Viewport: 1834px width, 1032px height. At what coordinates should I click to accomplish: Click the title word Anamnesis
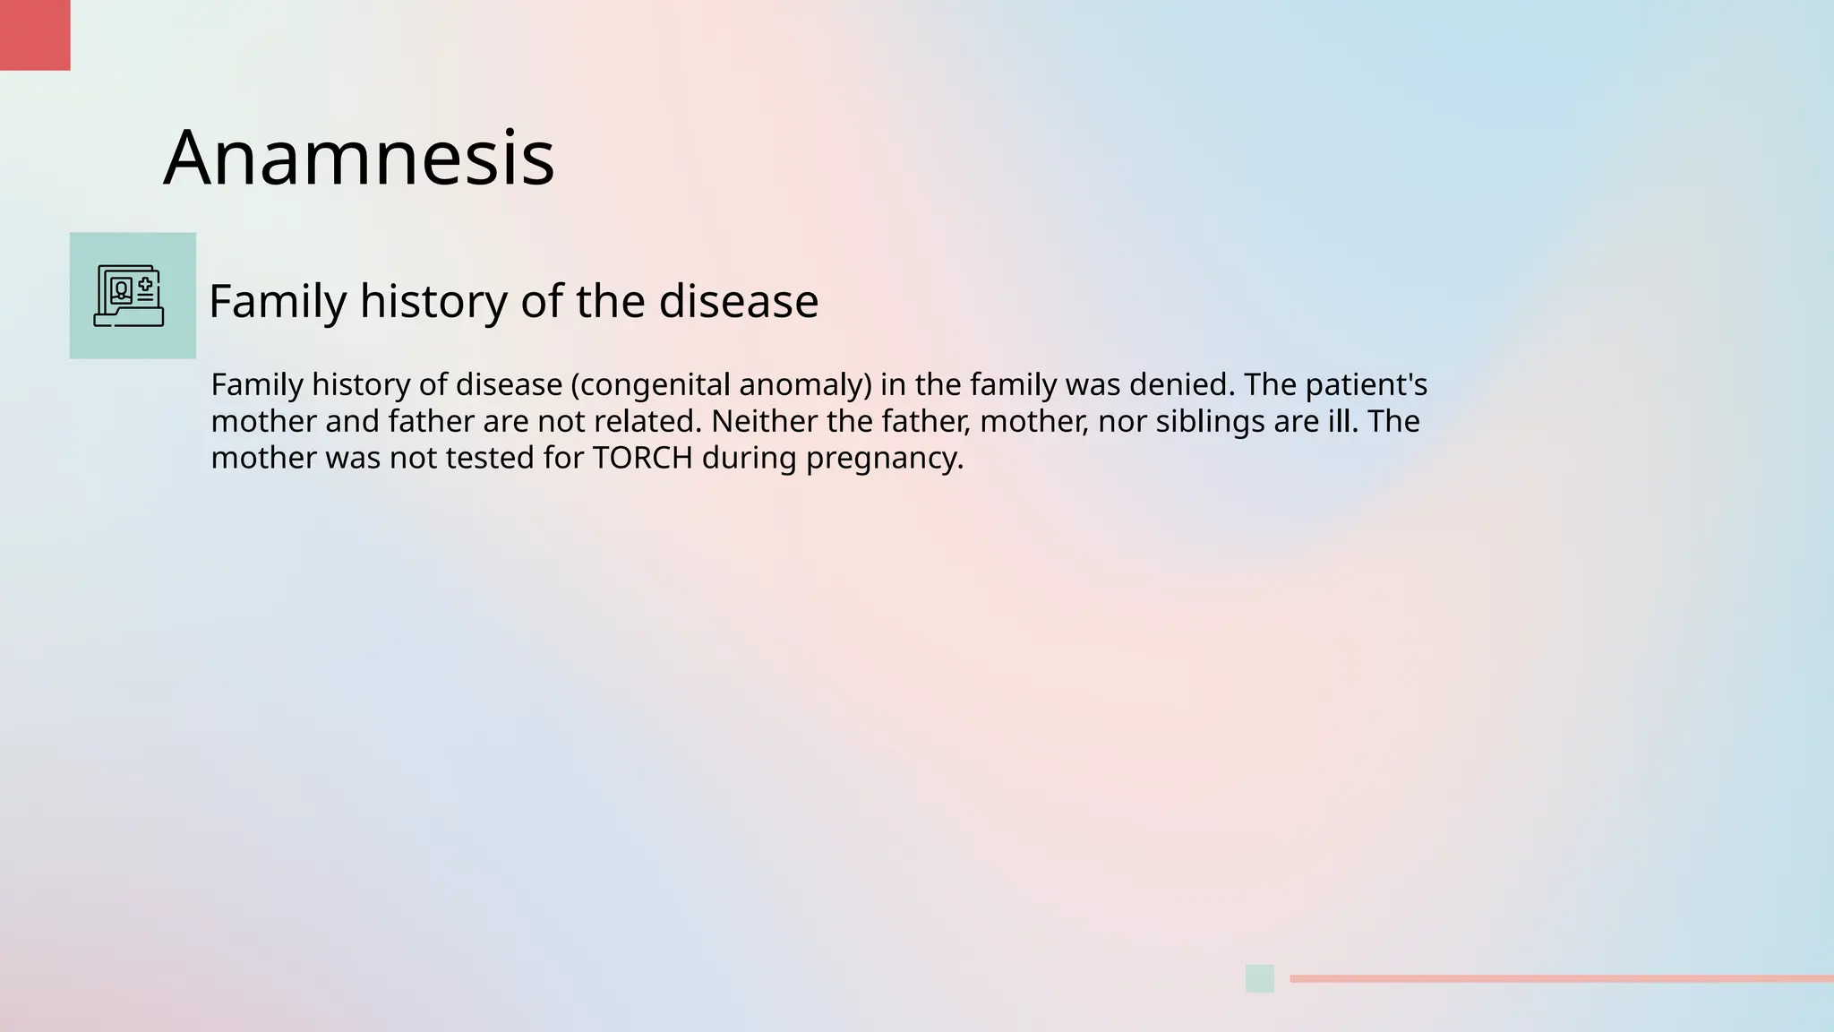point(358,158)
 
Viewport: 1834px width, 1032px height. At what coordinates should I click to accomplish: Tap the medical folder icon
point(129,296)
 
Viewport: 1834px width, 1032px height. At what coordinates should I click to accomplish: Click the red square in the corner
point(34,34)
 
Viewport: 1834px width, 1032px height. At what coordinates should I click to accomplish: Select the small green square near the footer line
point(1259,978)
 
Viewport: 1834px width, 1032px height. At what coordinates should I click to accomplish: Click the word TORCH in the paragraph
point(642,458)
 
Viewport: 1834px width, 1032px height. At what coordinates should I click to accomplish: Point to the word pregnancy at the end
point(884,459)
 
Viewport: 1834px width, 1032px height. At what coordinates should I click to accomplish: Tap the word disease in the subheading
point(738,301)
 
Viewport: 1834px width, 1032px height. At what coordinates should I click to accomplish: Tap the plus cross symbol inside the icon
point(145,284)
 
